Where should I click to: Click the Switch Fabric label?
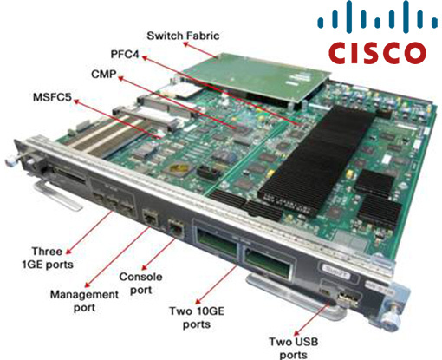pos(183,36)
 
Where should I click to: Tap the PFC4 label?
pos(125,54)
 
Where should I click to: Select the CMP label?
pos(104,75)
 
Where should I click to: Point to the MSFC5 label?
pos(52,97)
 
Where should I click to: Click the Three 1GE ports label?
pos(48,258)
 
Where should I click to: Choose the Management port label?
pos(84,301)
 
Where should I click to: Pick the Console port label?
pos(140,284)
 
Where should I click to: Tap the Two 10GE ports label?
pos(197,317)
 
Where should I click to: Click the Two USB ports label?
pos(294,348)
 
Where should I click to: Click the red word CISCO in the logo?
pos(377,53)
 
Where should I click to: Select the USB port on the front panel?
pos(348,299)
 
